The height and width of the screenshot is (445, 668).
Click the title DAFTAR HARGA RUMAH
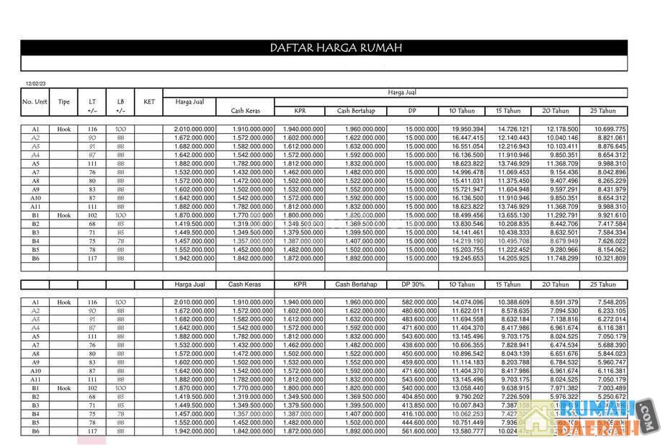tap(336, 48)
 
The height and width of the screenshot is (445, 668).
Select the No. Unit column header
tap(35, 102)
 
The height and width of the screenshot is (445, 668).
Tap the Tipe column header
tap(64, 102)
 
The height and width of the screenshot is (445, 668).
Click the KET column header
tap(149, 102)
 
